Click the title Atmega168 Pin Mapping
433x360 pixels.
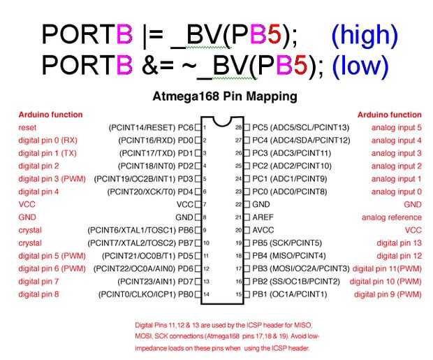tap(224, 95)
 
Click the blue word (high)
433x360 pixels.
tap(364, 34)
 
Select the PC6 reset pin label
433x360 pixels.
tap(150, 128)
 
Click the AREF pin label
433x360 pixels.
tap(263, 217)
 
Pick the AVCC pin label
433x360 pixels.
tap(263, 230)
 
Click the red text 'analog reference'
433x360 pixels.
tap(391, 217)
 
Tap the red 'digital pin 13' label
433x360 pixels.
tap(399, 243)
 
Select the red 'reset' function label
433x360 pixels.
tap(28, 128)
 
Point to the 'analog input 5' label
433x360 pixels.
tap(396, 128)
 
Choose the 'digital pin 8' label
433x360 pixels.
tap(38, 294)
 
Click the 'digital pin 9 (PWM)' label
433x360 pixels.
tap(388, 294)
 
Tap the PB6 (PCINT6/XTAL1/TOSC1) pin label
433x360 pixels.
tap(140, 230)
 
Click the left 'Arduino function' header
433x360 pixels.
tap(50, 115)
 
